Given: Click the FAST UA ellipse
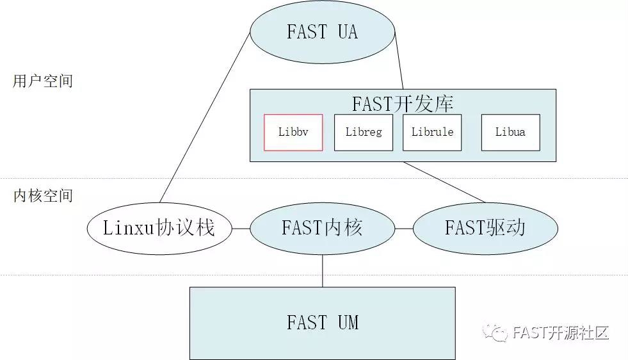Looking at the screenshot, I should coord(322,32).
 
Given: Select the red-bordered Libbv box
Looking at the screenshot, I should coord(293,133).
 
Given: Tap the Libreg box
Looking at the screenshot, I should coord(363,133).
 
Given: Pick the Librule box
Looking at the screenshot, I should coord(432,133).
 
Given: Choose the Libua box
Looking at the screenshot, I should coord(510,133).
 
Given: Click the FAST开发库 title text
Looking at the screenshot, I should coord(403,104).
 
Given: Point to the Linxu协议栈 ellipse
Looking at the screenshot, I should coord(159,227).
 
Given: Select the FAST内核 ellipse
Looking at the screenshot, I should coord(322,227).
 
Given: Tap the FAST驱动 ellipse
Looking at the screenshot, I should coord(485,227).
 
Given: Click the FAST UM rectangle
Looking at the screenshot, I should coord(322,322).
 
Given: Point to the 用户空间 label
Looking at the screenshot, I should coord(43,81).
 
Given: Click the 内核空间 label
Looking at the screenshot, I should coord(43,196).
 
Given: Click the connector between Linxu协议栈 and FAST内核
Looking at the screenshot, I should coord(241,228).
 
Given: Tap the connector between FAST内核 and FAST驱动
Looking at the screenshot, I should coord(404,228).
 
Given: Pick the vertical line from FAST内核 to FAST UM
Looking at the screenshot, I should coord(323,270).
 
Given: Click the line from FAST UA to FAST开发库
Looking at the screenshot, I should coord(399,61).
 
